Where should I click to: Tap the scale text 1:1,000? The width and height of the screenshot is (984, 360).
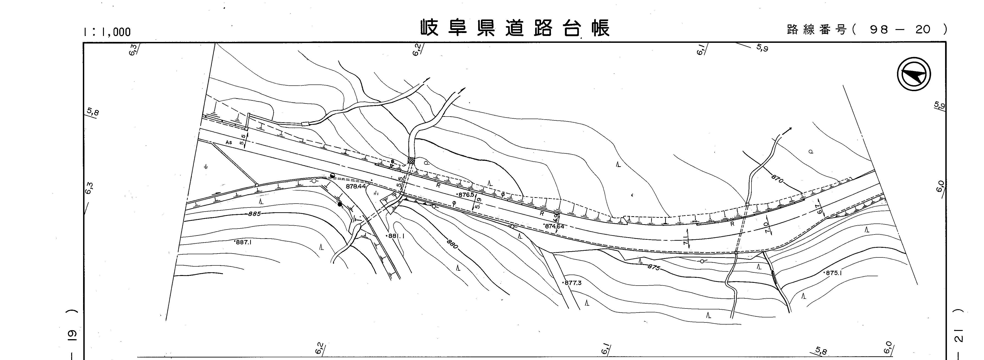click(x=107, y=32)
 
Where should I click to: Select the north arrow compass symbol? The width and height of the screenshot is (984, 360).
click(x=913, y=74)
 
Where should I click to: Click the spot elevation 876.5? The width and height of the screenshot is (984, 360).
click(x=466, y=194)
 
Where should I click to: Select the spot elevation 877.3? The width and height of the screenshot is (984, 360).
click(x=572, y=283)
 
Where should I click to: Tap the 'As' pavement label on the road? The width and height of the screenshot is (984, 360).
click(x=229, y=142)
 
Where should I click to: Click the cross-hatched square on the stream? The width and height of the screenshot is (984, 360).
click(x=411, y=161)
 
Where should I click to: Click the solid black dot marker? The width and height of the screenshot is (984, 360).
click(x=340, y=205)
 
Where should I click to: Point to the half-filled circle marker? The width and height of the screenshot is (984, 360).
click(x=332, y=175)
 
